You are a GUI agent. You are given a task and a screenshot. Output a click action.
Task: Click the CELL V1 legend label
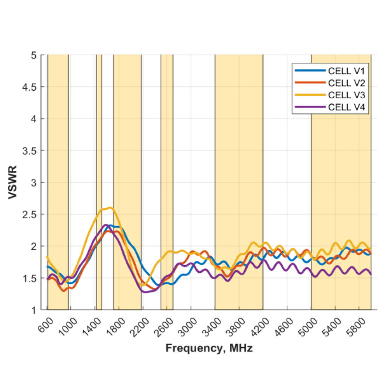[x=346, y=71]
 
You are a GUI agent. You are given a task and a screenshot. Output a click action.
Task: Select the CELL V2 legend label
[x=346, y=83]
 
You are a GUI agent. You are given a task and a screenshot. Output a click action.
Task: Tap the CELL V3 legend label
[x=346, y=95]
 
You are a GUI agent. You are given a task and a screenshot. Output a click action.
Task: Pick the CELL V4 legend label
[x=346, y=107]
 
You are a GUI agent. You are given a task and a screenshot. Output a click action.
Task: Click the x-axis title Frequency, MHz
[x=209, y=348]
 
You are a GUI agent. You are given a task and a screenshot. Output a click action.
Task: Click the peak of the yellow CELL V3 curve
[x=110, y=208]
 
